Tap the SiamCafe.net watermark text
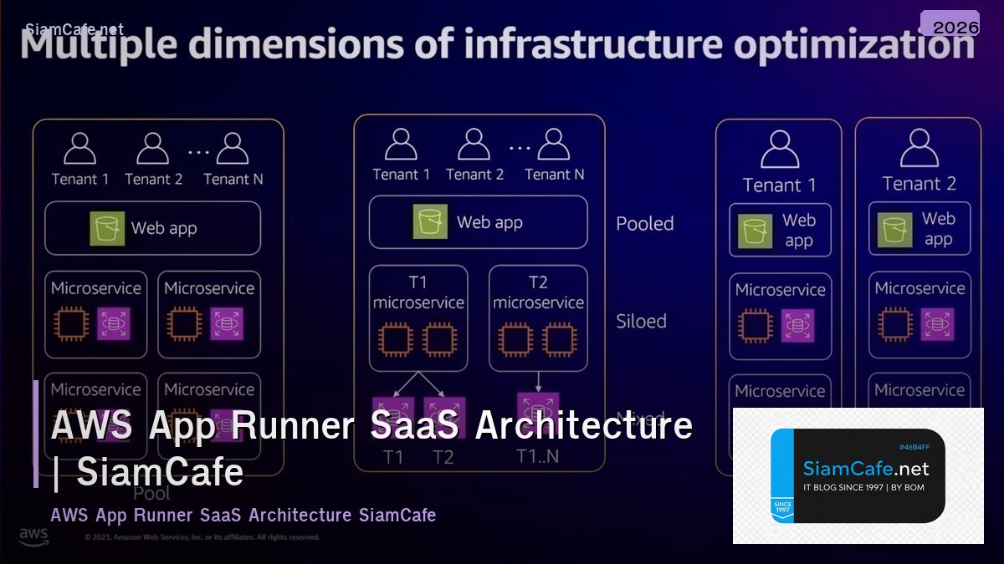74,29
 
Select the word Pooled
644,224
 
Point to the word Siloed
641,321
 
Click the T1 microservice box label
418,292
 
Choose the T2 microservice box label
538,292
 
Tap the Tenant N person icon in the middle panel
554,144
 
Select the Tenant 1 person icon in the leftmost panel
80,148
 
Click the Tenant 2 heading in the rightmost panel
919,184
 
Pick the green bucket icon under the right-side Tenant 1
755,231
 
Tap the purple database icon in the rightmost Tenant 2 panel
937,324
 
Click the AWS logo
33,536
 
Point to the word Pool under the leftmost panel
151,493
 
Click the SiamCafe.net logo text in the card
865,468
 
